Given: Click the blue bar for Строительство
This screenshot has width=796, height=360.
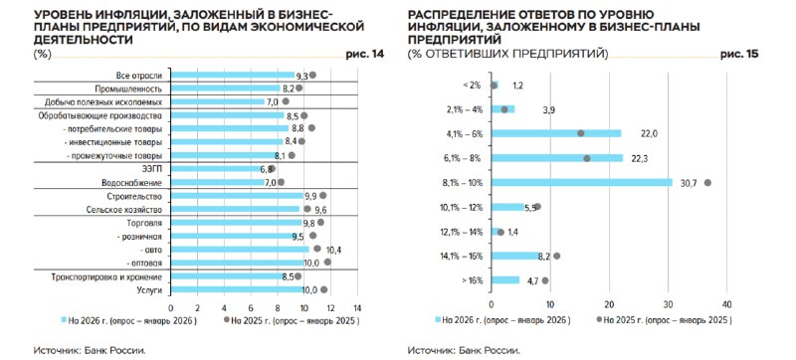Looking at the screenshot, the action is tap(237, 196).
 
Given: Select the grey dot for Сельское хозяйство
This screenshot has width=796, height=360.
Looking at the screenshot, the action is tap(307, 209).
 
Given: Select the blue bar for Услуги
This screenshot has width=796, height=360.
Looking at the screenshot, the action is tap(237, 289).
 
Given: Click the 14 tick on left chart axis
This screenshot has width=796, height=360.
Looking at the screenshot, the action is tap(357, 308).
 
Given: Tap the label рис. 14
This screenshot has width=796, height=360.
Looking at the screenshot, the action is tap(365, 55).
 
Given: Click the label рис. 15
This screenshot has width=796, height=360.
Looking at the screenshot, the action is tap(739, 55).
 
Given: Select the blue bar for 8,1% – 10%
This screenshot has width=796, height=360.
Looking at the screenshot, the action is tap(582, 183).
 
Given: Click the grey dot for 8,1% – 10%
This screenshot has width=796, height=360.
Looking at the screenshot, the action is tap(707, 183).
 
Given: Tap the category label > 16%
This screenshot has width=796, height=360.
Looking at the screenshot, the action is tap(473, 280).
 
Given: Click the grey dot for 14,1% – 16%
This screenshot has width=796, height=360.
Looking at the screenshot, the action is tap(557, 256).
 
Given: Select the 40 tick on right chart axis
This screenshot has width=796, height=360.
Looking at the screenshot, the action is tap(726, 303).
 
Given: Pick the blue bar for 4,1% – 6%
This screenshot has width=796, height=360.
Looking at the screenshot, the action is tap(556, 133).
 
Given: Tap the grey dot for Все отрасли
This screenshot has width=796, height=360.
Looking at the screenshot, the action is tap(312, 75).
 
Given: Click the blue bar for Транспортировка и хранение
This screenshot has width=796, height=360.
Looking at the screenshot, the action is tap(228, 276).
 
